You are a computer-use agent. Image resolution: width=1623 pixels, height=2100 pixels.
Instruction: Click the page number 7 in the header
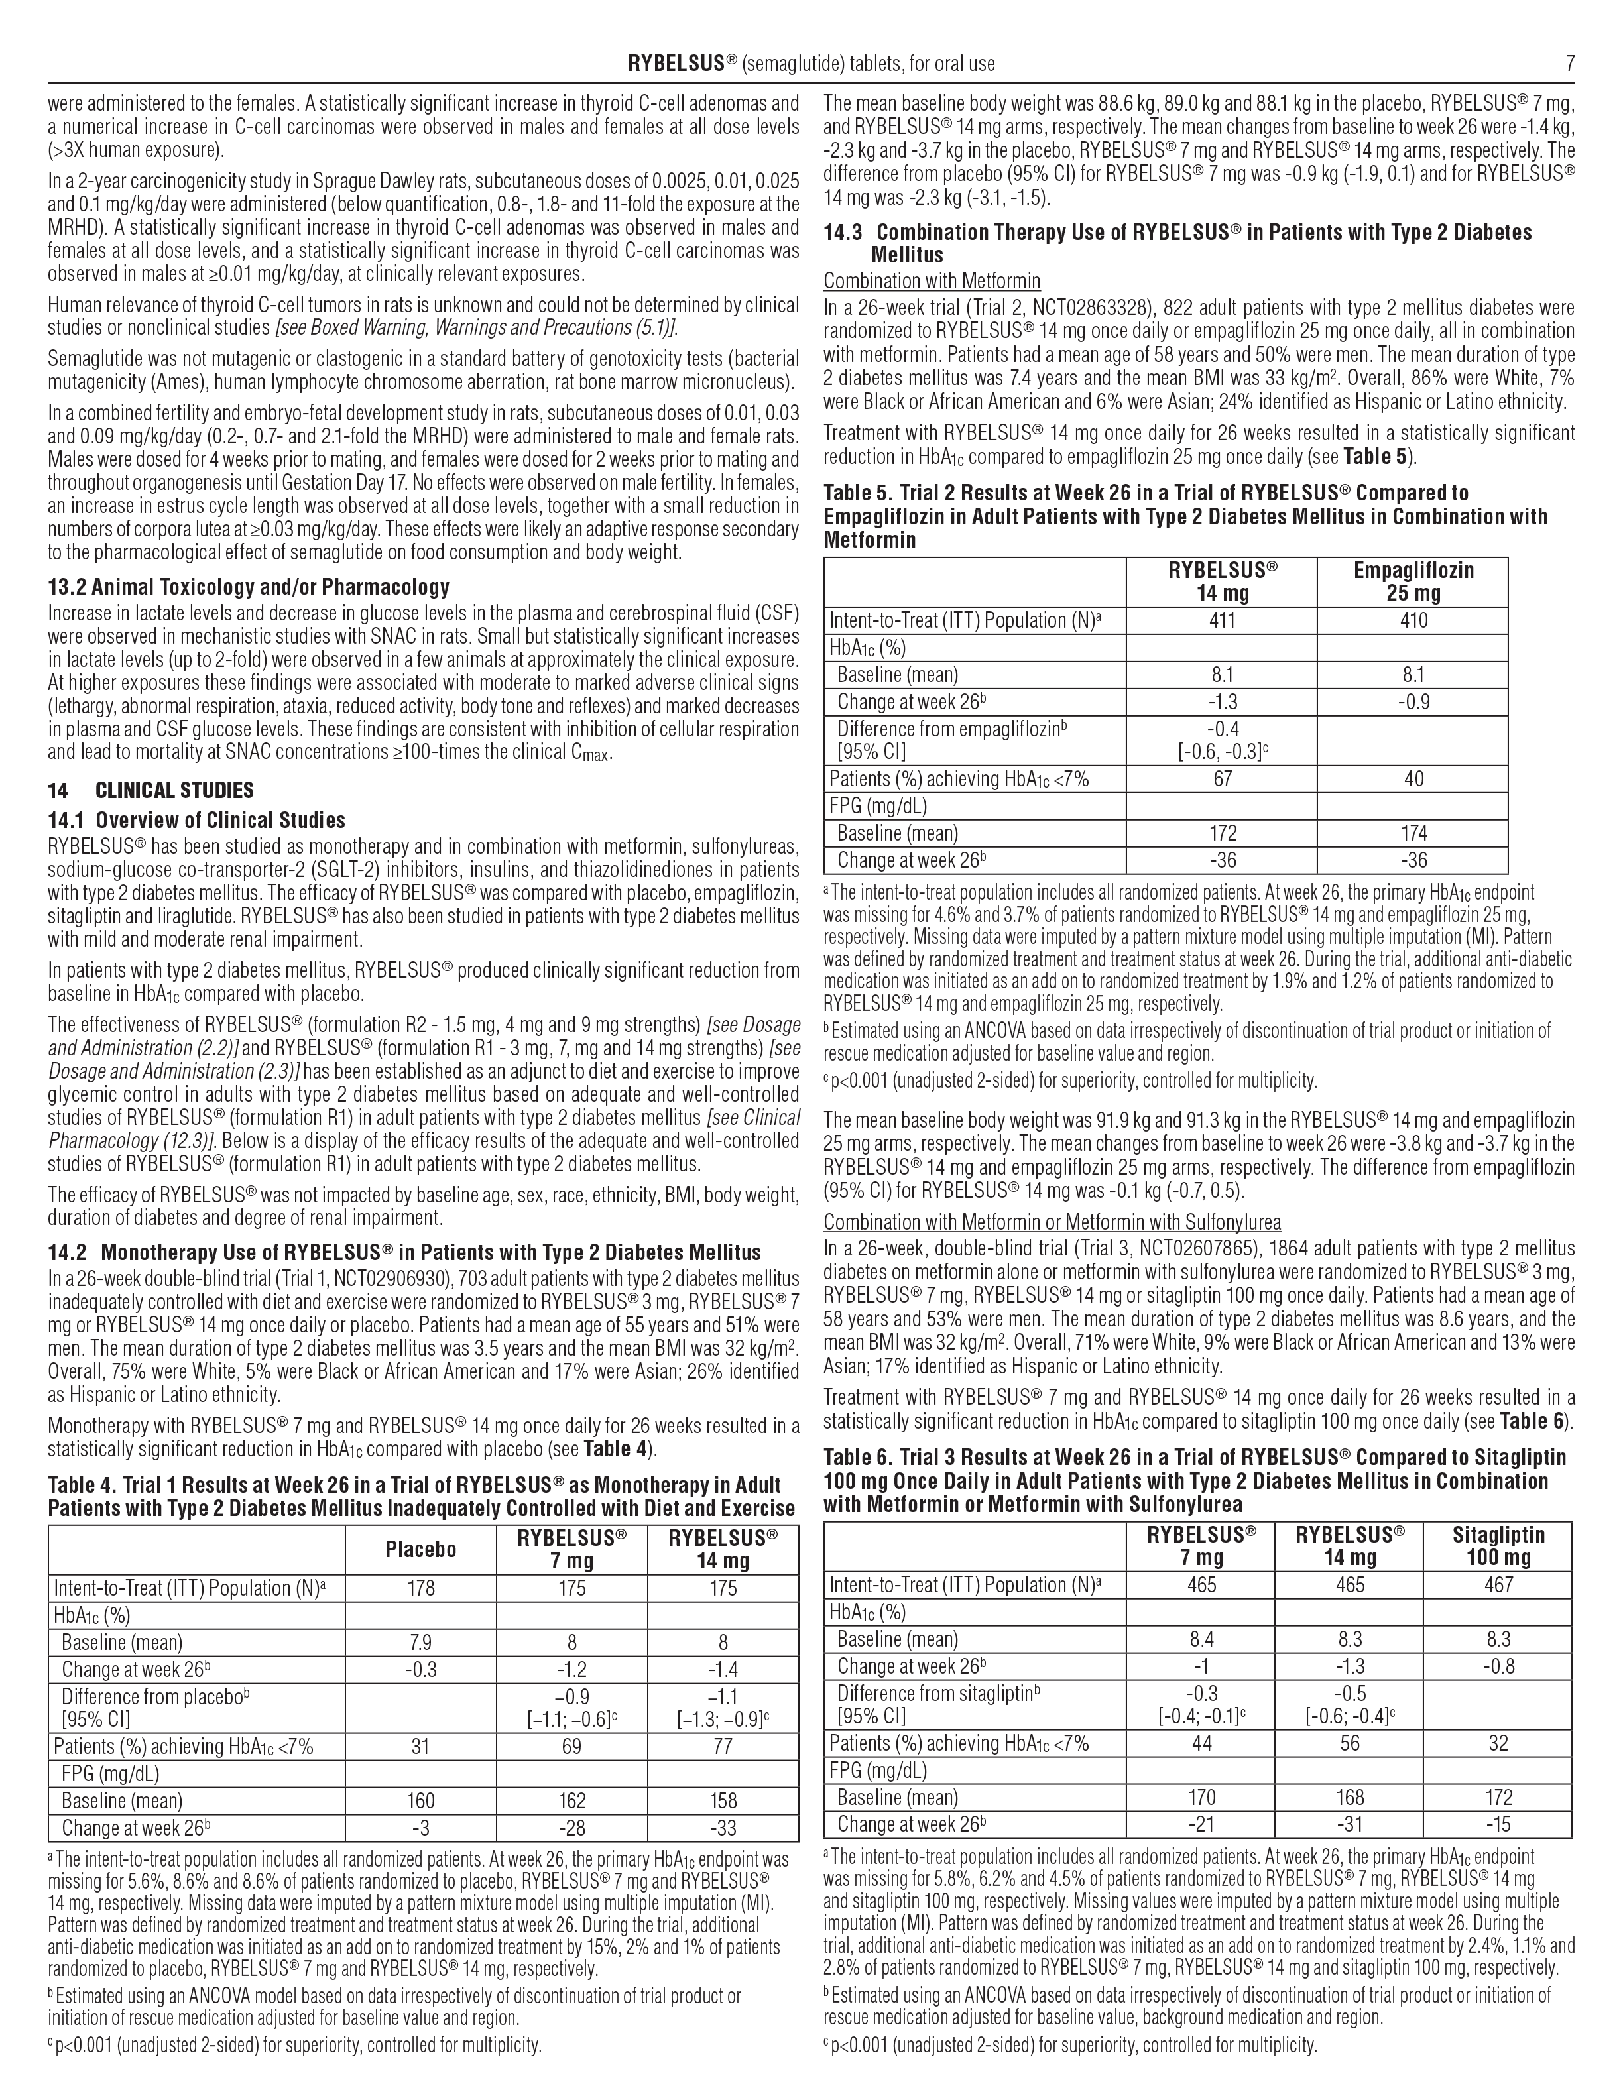1569,64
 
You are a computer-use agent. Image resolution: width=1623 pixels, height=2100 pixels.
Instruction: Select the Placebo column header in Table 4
420,1549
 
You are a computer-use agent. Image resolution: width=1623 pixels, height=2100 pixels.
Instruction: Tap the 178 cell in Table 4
420,1588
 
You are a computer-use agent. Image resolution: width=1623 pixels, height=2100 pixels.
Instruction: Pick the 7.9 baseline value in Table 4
420,1643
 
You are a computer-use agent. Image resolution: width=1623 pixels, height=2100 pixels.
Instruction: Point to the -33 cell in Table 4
723,1828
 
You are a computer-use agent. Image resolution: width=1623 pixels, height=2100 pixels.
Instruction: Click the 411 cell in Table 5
1222,621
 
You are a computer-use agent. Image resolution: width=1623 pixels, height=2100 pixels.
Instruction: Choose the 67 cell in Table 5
1222,779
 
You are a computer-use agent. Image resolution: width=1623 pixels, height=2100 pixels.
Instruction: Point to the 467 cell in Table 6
1498,1585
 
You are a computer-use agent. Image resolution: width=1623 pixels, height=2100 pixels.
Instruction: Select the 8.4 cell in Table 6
1202,1639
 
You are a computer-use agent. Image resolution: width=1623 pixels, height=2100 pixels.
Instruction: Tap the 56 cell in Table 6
1350,1743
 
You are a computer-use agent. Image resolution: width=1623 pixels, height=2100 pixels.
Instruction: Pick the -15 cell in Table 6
1498,1824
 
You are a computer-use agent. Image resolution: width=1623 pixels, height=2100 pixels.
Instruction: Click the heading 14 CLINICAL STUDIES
151,790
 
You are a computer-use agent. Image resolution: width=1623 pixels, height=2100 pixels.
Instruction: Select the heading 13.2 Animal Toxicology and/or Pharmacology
248,587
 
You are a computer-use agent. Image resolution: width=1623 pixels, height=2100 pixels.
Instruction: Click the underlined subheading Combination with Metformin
931,282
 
